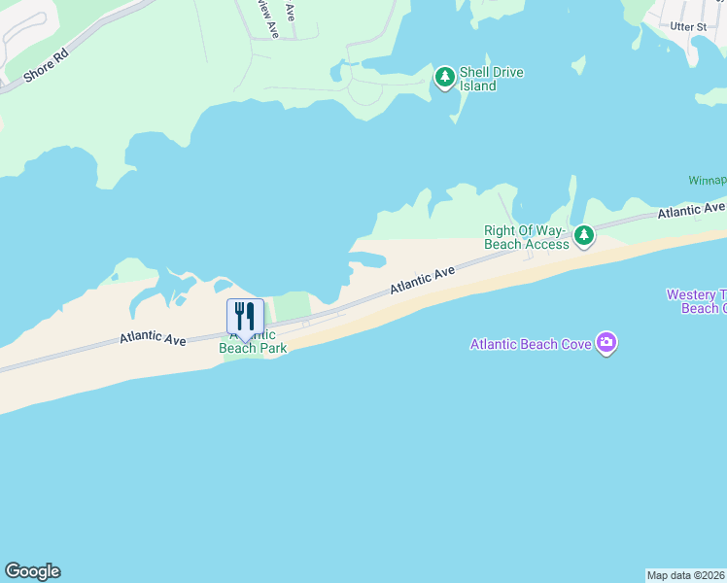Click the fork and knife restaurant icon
click(x=245, y=317)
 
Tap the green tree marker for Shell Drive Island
click(x=445, y=76)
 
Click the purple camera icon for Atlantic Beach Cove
click(x=607, y=342)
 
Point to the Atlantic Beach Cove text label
click(x=532, y=343)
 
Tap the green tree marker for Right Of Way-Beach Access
click(x=583, y=235)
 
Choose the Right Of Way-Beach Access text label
click(x=526, y=237)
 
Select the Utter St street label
click(x=688, y=26)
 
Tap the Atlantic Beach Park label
click(x=253, y=342)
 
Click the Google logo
click(x=32, y=571)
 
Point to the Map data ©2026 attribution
click(x=685, y=575)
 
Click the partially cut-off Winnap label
click(x=707, y=181)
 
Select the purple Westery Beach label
click(x=696, y=301)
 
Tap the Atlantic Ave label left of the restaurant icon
click(x=154, y=338)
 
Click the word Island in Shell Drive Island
click(x=478, y=86)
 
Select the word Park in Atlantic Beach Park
click(x=271, y=348)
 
